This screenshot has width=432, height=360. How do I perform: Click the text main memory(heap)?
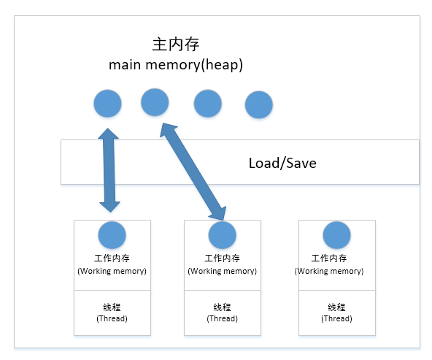[x=176, y=65]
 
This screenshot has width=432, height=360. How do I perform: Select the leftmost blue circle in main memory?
[x=108, y=104]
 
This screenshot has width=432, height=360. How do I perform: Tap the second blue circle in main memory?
[x=155, y=102]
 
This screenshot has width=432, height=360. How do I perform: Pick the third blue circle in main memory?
[x=207, y=104]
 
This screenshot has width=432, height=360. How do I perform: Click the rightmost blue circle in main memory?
[x=258, y=105]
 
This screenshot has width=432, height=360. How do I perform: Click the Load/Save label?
[x=282, y=162]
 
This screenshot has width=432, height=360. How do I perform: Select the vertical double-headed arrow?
[x=109, y=169]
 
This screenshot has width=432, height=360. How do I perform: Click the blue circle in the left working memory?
[x=112, y=235]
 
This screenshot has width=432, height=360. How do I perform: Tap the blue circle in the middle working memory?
[x=222, y=235]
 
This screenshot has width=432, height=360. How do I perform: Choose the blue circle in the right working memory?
[x=336, y=235]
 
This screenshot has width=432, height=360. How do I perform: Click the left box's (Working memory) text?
[x=112, y=271]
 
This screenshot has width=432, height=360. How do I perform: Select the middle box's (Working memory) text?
[x=222, y=271]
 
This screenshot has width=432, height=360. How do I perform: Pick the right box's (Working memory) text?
[x=328, y=271]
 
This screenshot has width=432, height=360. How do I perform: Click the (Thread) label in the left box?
[x=112, y=318]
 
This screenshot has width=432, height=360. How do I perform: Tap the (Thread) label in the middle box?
[x=222, y=318]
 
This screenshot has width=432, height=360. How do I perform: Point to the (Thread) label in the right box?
[x=336, y=318]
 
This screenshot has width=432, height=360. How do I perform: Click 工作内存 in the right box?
[x=328, y=258]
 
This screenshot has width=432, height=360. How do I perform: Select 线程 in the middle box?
[x=222, y=307]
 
